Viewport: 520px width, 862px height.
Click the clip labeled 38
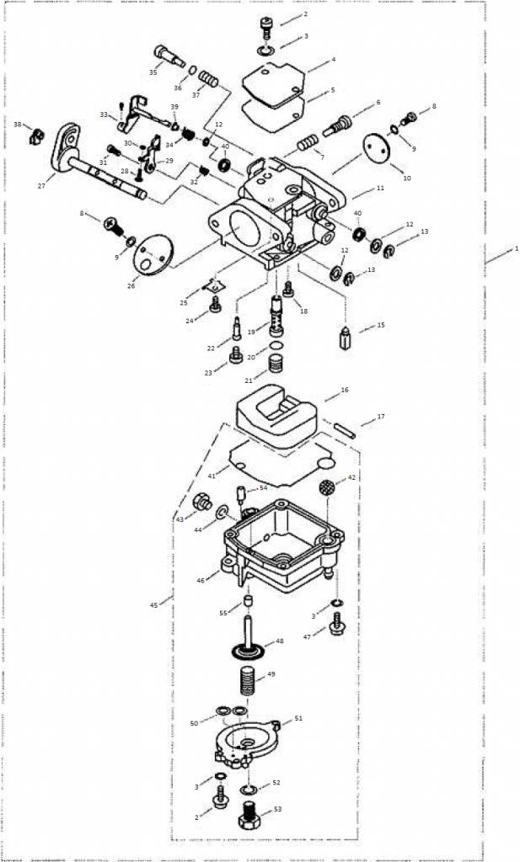click(35, 134)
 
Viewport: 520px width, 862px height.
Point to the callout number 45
click(154, 604)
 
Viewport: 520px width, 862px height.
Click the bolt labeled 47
click(338, 624)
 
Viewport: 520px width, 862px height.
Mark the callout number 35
click(153, 72)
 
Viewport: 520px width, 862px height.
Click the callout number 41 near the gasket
click(211, 476)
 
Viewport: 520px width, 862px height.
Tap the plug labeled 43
click(201, 503)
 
